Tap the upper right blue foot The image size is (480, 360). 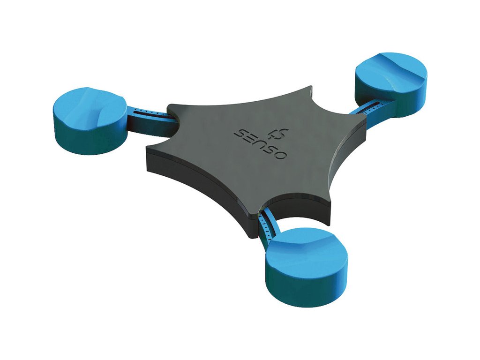[x=391, y=84]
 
